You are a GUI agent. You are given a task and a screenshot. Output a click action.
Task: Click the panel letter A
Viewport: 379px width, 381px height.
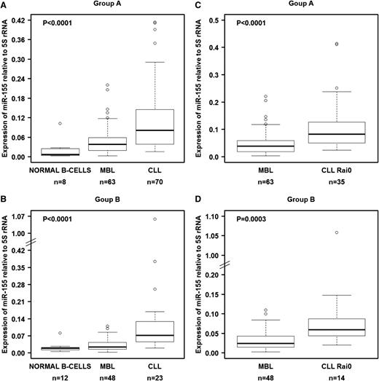click(4, 4)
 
